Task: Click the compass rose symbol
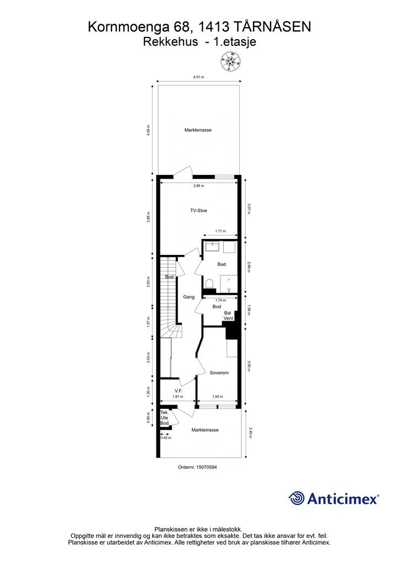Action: (230, 61)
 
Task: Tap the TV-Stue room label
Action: (198, 210)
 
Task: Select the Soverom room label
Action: (219, 373)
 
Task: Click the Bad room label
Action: (222, 264)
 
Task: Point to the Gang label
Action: (188, 297)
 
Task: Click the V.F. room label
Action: (171, 391)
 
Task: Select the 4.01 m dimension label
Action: (199, 78)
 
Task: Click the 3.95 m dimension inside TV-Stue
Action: (198, 186)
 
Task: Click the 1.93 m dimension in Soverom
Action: (218, 397)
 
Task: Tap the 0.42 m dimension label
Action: (165, 437)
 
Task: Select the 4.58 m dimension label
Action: (149, 132)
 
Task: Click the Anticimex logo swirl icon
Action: (296, 498)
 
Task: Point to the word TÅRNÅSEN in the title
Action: (272, 26)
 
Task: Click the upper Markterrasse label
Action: (198, 130)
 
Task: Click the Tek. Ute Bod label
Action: (164, 418)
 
